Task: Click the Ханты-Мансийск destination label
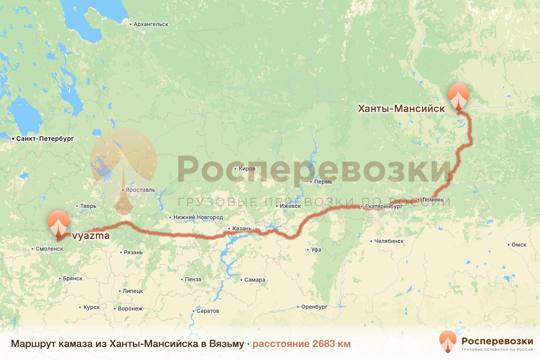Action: coord(401,108)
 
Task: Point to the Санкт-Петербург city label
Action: coord(45,139)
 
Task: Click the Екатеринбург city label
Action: coord(384,207)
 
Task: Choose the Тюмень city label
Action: coord(433,200)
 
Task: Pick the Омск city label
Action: coord(519,245)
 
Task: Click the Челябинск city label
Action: coord(389,241)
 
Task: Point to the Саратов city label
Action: coord(207,311)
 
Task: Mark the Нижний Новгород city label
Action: coord(198,217)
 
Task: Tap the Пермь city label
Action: coord(324,182)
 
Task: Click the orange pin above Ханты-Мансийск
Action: coord(459,95)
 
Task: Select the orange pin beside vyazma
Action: coord(59,222)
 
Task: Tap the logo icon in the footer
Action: coord(448,341)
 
